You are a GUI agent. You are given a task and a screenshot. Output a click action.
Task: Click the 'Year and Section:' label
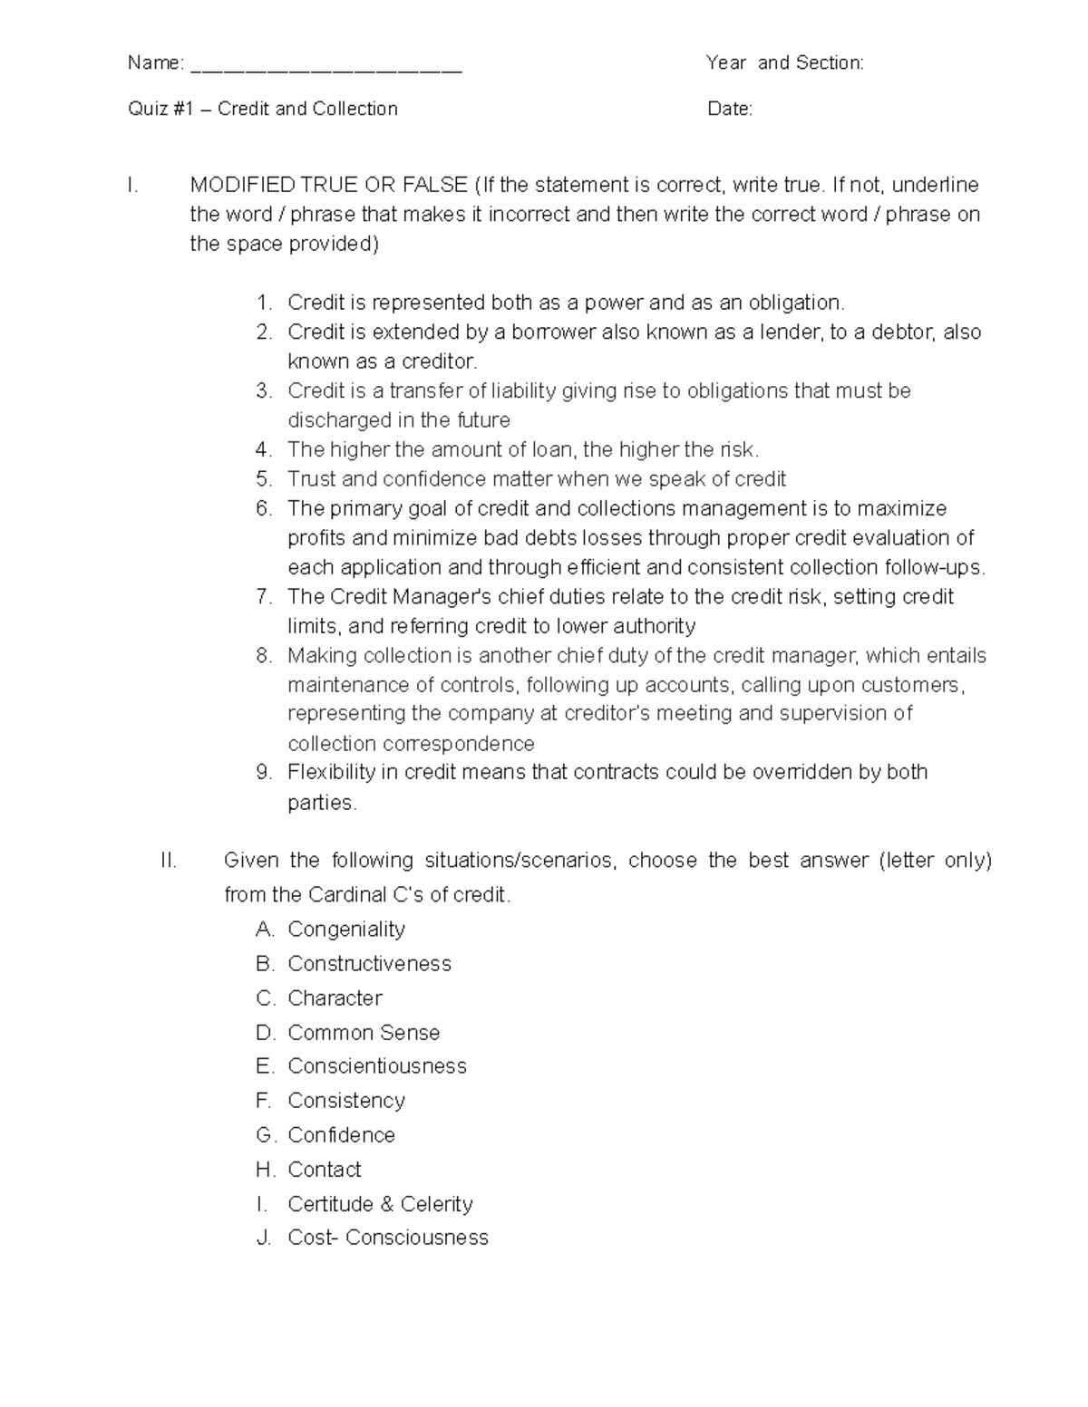click(x=784, y=63)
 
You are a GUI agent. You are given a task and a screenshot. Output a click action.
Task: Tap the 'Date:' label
click(x=730, y=109)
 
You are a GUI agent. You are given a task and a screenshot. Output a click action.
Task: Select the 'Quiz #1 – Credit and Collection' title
click(x=263, y=109)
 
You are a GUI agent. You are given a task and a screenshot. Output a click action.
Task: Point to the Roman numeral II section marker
click(x=168, y=860)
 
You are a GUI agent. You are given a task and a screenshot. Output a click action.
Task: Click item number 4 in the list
click(x=264, y=449)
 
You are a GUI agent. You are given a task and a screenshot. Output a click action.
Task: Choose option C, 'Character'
click(x=335, y=997)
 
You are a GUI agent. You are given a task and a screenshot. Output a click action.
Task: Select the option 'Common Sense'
click(x=364, y=1032)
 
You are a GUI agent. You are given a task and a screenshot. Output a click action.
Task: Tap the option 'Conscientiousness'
click(x=377, y=1065)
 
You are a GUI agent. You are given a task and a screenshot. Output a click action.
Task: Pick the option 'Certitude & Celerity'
click(x=380, y=1203)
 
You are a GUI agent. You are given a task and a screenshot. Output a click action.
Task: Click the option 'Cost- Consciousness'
click(x=387, y=1237)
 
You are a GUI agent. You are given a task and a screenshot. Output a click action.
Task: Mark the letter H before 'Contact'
click(x=265, y=1169)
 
